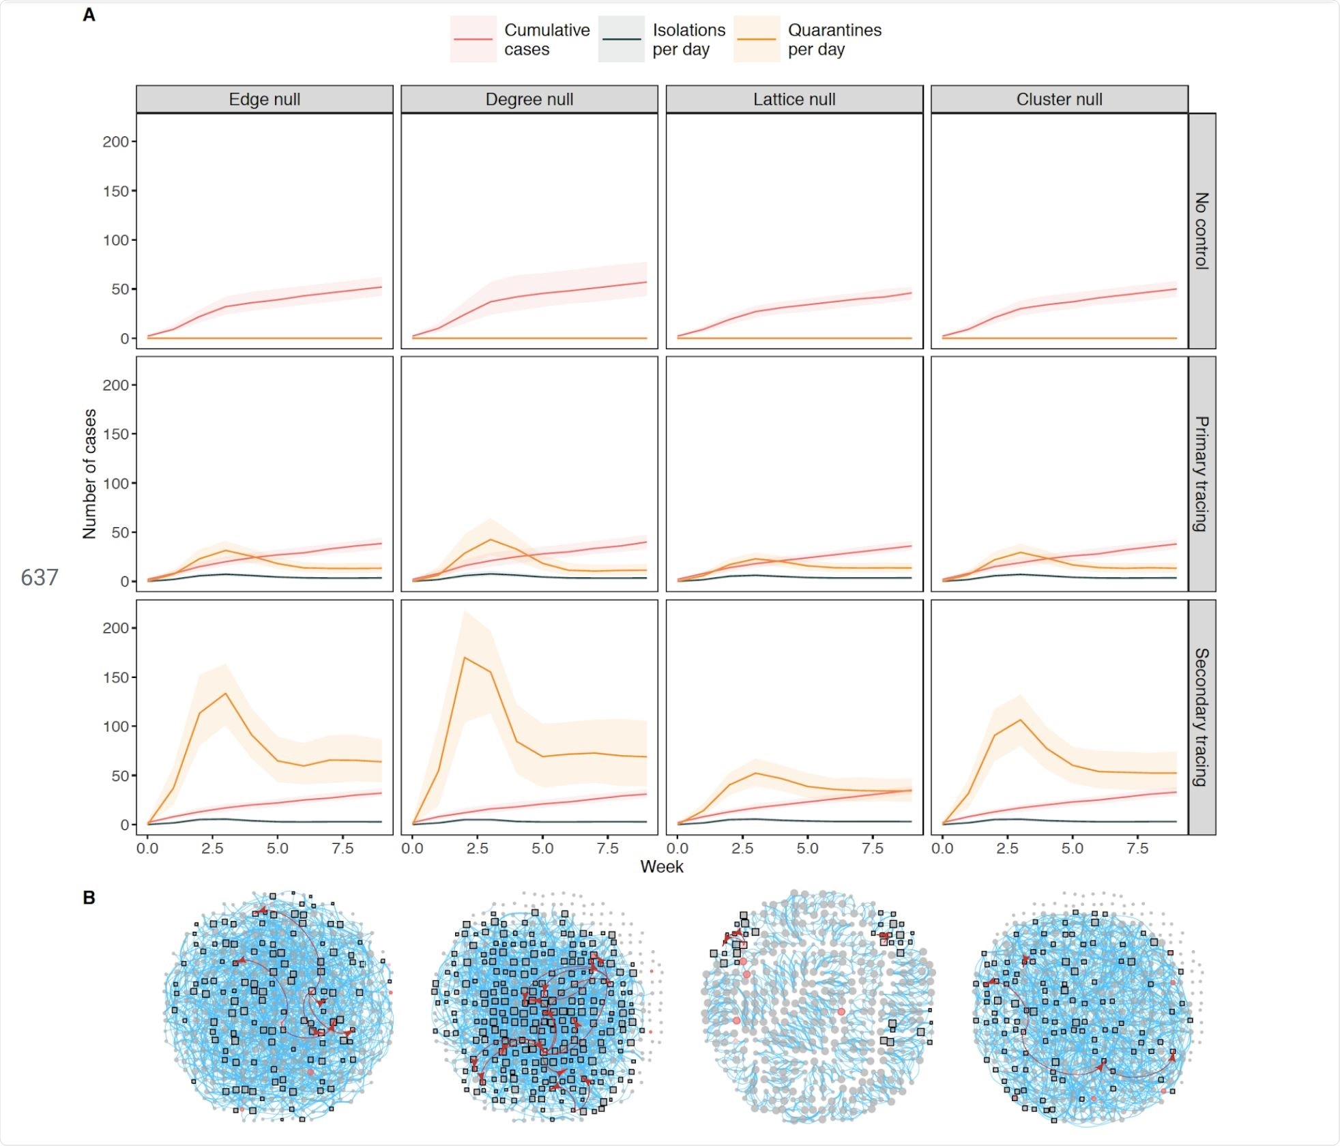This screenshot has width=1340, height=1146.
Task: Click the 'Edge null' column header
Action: point(264,100)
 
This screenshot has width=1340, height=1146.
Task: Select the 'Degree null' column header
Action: point(529,100)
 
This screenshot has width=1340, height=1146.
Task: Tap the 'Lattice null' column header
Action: point(794,100)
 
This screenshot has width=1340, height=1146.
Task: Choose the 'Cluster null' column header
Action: point(1059,100)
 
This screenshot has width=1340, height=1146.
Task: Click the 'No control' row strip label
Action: point(1201,231)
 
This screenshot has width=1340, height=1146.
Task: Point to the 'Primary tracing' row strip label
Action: point(1201,473)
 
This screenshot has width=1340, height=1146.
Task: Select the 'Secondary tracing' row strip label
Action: point(1201,717)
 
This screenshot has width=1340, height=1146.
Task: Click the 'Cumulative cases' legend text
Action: point(547,40)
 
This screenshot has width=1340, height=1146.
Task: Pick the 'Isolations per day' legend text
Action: point(688,40)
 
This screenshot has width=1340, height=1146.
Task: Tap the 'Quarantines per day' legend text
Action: point(834,40)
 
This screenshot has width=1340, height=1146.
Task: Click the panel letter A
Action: point(89,15)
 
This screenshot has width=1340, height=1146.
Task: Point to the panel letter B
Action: point(89,898)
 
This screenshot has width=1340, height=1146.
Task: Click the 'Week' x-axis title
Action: point(661,866)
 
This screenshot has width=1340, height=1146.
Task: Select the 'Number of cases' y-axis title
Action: point(89,474)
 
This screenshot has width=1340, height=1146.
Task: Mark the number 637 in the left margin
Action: point(40,578)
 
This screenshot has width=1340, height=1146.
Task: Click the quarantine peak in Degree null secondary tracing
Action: point(465,658)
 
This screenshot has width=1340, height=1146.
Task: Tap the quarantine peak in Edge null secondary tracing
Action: point(225,694)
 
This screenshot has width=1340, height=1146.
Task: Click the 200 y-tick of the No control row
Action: point(115,142)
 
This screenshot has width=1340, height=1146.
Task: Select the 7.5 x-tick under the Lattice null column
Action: point(873,849)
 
